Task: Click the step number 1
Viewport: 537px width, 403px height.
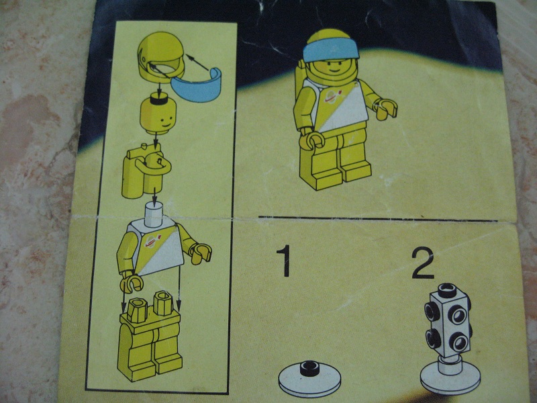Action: (284, 261)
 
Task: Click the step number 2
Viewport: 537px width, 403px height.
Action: (423, 263)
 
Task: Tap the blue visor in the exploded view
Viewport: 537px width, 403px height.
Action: (197, 86)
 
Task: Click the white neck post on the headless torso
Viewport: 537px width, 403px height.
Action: (154, 214)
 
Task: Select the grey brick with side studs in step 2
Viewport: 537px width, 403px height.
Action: (448, 320)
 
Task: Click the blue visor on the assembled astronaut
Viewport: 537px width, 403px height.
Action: (330, 51)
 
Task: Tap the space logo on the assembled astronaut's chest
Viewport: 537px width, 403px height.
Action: (334, 96)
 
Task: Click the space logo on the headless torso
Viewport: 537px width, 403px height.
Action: (153, 241)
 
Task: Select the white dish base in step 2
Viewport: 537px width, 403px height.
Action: (450, 377)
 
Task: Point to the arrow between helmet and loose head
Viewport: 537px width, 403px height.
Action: (159, 90)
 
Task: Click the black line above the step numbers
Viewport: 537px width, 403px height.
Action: (377, 219)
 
